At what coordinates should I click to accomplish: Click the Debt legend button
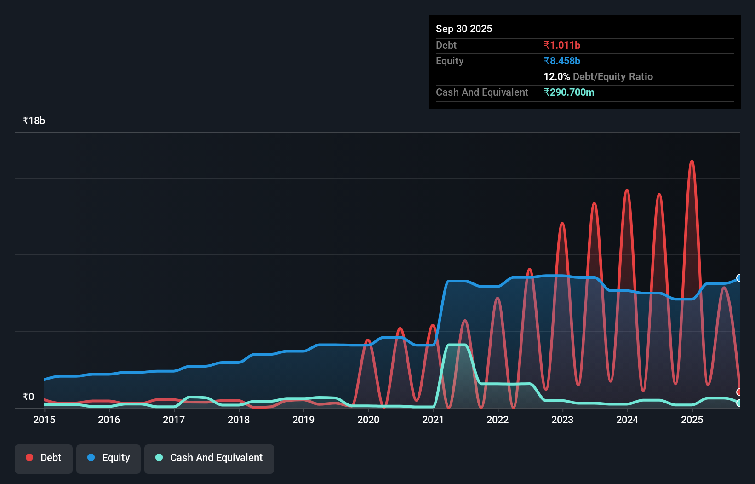[44, 458]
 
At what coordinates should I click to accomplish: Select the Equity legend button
[109, 458]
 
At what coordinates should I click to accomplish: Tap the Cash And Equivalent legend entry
[209, 458]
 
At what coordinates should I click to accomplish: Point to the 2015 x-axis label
[44, 420]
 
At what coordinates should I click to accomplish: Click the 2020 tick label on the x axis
[368, 420]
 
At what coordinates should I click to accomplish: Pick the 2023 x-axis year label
[562, 420]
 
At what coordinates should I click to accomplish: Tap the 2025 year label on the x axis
[692, 420]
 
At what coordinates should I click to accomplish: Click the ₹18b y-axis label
[34, 121]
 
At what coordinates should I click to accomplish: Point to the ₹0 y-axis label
[28, 397]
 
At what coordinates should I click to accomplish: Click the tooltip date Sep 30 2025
[463, 29]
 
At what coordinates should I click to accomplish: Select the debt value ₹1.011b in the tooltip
[561, 46]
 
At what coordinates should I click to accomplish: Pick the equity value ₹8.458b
[561, 61]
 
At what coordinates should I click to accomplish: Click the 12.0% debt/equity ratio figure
[556, 77]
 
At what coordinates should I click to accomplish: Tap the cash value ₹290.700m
[569, 92]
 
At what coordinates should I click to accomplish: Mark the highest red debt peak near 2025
[692, 161]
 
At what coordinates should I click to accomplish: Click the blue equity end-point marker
[739, 278]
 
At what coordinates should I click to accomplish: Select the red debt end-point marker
[739, 392]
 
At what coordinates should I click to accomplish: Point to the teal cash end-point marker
[739, 403]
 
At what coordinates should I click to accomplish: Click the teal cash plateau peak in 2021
[457, 345]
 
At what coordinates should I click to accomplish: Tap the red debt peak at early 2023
[562, 223]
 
